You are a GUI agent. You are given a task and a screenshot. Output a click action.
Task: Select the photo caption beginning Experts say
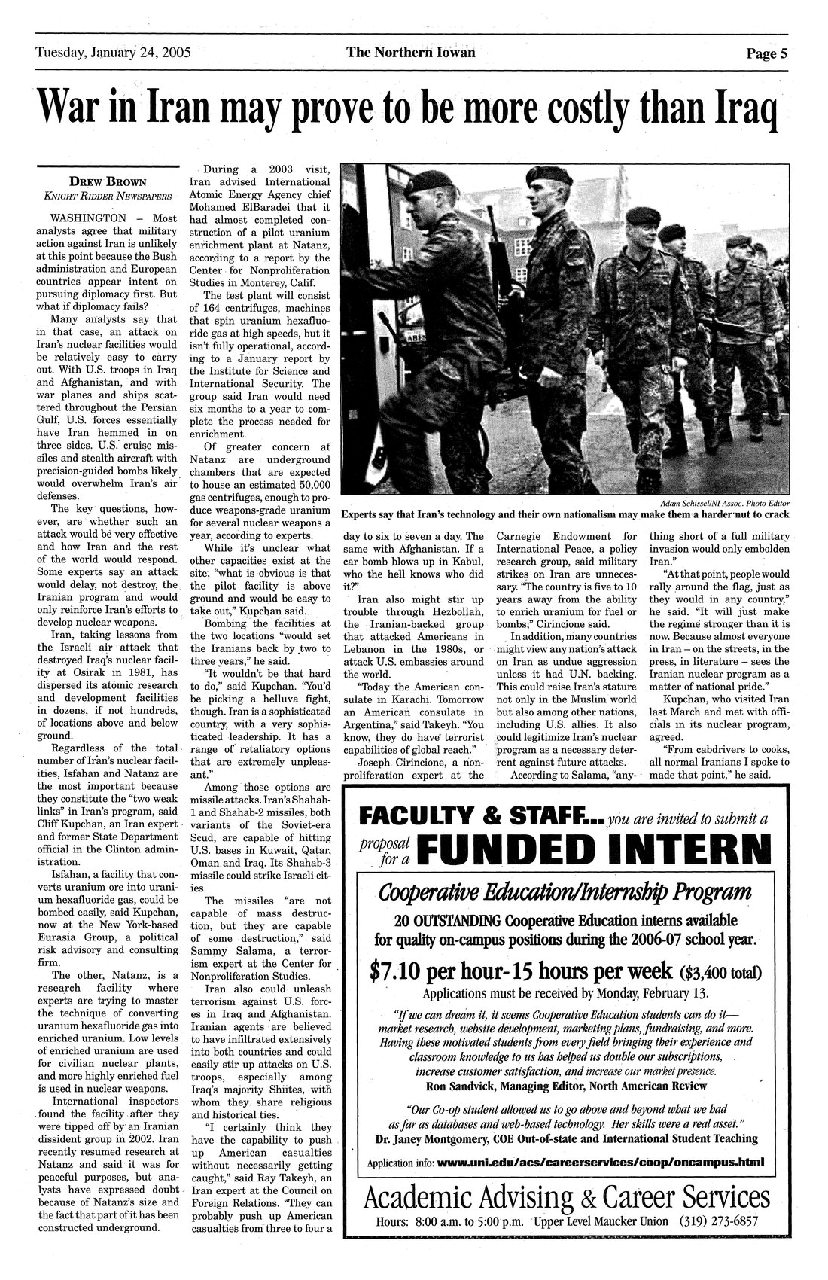tap(565, 516)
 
